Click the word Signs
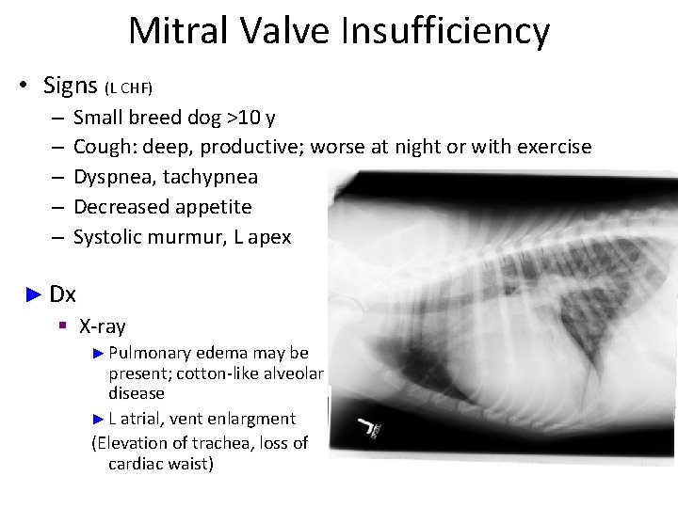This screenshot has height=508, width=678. (x=71, y=86)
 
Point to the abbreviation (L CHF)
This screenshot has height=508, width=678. (x=128, y=88)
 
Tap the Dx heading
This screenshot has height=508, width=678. (x=62, y=294)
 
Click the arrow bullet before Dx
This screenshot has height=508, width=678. (x=34, y=294)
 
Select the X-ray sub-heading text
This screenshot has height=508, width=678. (x=102, y=326)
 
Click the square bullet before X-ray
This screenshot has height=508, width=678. (x=62, y=326)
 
